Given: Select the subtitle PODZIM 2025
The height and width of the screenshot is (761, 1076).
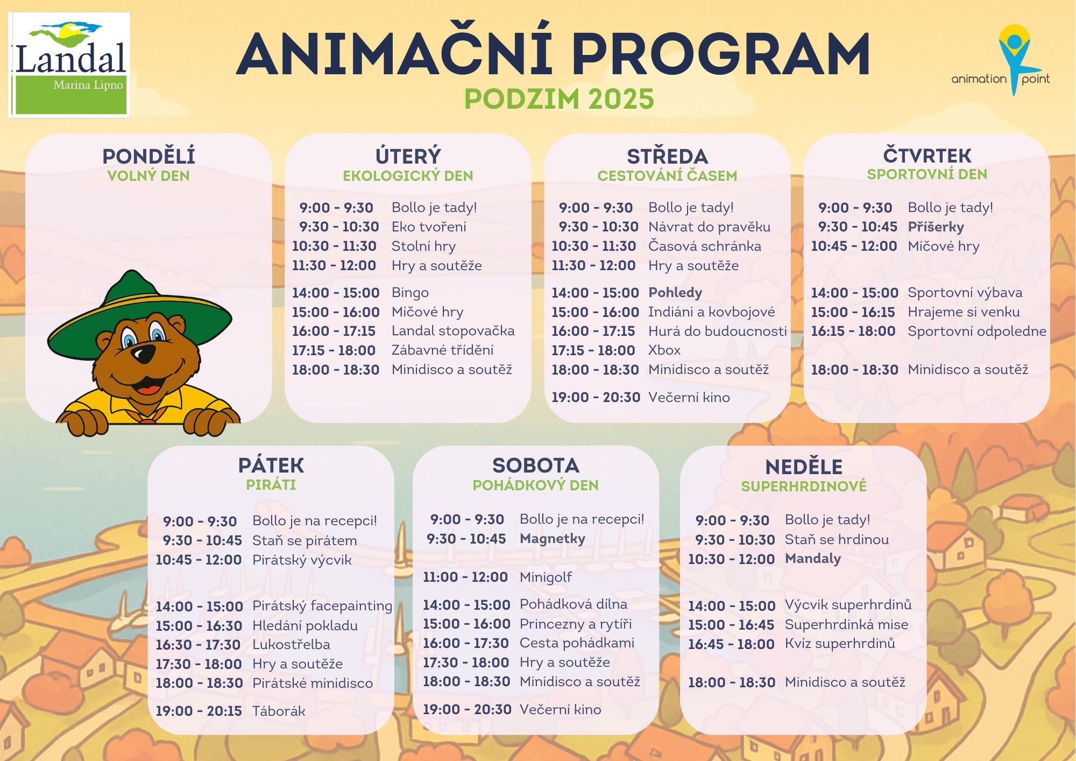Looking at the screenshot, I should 559,99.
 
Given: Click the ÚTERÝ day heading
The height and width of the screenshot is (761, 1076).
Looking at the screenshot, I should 408,156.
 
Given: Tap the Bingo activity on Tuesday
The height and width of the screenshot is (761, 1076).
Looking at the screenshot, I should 410,293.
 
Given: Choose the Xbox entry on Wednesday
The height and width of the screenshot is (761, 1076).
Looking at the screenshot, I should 664,350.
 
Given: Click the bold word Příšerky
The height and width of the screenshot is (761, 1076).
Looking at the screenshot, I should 936,227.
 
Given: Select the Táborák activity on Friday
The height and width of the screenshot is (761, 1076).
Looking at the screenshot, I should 279,711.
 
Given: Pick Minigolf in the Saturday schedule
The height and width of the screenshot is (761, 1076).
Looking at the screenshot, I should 546,577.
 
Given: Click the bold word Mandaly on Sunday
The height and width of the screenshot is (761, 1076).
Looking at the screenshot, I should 812,559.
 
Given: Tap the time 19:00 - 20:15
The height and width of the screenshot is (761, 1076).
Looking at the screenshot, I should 199,711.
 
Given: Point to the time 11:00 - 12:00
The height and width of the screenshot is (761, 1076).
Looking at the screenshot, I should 465,577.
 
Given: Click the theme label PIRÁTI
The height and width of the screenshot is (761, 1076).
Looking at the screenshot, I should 271,485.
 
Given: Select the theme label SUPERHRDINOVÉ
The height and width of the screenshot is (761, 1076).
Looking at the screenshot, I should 803,487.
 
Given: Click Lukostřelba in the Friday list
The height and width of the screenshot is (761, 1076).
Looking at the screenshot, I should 291,645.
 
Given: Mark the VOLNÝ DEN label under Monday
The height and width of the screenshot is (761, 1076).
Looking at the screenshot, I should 148,176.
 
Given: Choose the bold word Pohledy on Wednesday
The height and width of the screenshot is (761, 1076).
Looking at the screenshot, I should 675,293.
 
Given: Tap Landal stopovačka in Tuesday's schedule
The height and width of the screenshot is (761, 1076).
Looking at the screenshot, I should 453,331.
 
